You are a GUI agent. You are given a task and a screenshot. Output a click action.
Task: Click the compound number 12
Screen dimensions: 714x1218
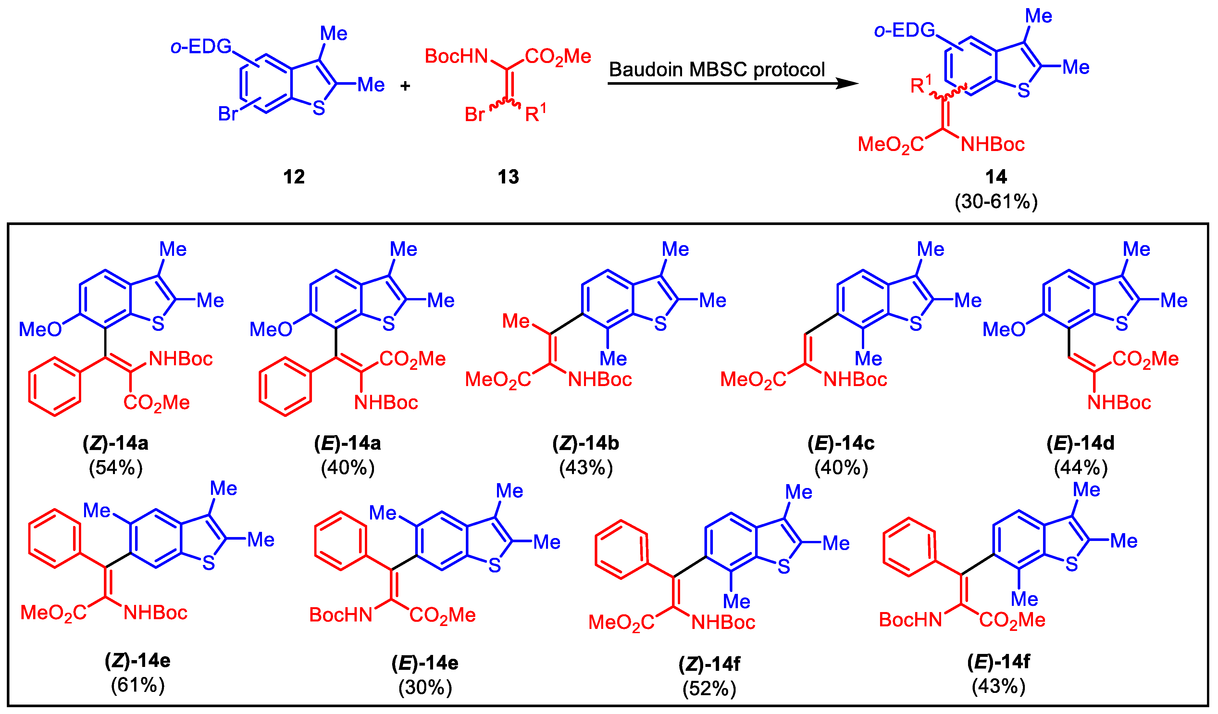point(294,177)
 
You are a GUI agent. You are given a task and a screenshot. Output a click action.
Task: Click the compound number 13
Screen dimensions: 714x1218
point(508,177)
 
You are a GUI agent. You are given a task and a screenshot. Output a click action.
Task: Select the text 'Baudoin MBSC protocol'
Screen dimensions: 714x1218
point(716,69)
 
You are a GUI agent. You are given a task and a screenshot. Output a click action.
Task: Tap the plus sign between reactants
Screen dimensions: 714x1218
point(405,86)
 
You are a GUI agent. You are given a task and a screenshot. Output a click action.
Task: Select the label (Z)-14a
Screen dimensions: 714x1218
point(116,443)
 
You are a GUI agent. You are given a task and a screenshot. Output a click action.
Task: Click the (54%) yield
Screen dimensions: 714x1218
point(116,468)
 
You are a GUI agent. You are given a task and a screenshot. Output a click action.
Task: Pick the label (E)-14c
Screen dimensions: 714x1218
point(841,443)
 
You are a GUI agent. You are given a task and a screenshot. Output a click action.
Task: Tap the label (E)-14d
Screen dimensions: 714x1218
point(1080,443)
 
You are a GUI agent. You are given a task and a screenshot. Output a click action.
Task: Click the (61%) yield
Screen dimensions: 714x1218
point(138,685)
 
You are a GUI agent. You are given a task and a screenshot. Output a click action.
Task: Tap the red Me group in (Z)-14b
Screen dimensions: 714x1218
point(516,321)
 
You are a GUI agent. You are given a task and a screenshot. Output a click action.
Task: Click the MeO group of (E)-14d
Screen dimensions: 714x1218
point(1003,330)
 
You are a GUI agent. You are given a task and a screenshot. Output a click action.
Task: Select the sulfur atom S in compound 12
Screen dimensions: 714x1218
point(318,108)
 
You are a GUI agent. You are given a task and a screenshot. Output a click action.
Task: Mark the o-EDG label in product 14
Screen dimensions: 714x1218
point(904,31)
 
